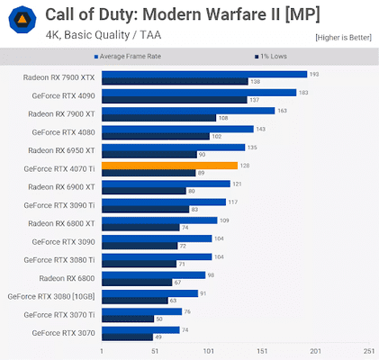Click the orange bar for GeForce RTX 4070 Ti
point(169,165)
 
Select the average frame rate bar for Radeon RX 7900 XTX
point(203,74)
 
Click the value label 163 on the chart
point(282,111)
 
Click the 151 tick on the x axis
point(262,351)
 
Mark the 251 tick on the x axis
point(368,351)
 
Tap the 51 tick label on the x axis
point(155,351)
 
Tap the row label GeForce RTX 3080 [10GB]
point(51,296)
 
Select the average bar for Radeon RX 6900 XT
point(166,184)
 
